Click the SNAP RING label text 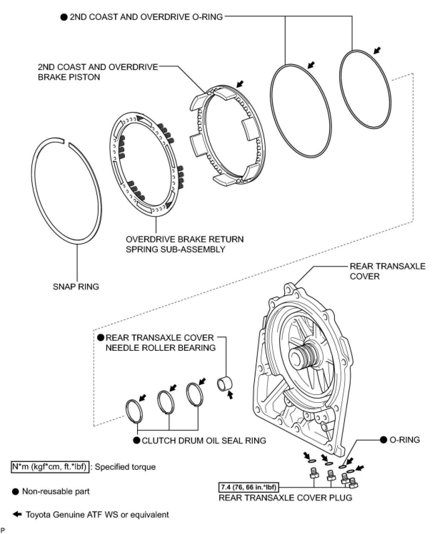point(76,286)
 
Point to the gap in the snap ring point(66,144)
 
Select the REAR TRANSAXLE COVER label point(387,271)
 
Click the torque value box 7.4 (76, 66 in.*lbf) point(248,487)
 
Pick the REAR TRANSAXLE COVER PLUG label point(285,497)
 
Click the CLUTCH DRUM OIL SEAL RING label point(204,441)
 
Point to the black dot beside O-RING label point(383,440)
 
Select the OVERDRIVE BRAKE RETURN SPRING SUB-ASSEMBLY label point(185,244)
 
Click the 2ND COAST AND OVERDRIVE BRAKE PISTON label point(98,72)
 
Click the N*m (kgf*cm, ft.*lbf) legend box point(50,467)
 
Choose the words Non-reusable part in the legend point(56,491)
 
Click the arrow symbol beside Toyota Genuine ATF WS point(16,514)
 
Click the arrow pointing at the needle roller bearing point(230,394)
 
